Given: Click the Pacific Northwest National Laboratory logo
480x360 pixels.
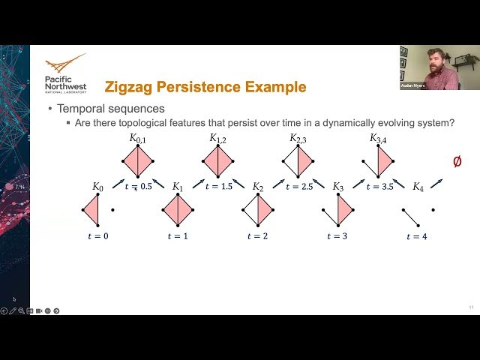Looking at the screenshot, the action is click(66, 73).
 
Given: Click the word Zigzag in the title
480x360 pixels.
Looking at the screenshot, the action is click(128, 87).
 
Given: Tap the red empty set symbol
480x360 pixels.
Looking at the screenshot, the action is click(457, 161).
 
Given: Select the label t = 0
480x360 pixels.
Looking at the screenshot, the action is click(98, 236).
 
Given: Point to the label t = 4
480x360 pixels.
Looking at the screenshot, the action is click(417, 236).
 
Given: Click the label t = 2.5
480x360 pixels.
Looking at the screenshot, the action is click(299, 187).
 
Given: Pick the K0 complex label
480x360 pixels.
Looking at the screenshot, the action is click(98, 187).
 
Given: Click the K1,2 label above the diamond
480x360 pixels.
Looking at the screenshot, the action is click(218, 138).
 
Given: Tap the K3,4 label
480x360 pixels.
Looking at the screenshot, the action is click(378, 139).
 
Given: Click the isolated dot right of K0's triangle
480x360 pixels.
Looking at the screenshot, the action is click(112, 210).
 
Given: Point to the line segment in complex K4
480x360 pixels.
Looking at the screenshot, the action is click(411, 217).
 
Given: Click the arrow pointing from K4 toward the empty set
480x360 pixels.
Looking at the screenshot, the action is click(436, 184).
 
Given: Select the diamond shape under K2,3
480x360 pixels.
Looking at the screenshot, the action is click(298, 161).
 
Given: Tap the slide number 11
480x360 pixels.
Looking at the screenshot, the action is click(471, 307).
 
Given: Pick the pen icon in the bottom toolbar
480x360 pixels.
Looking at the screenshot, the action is click(13, 311).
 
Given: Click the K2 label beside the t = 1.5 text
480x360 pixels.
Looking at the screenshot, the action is click(258, 187).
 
